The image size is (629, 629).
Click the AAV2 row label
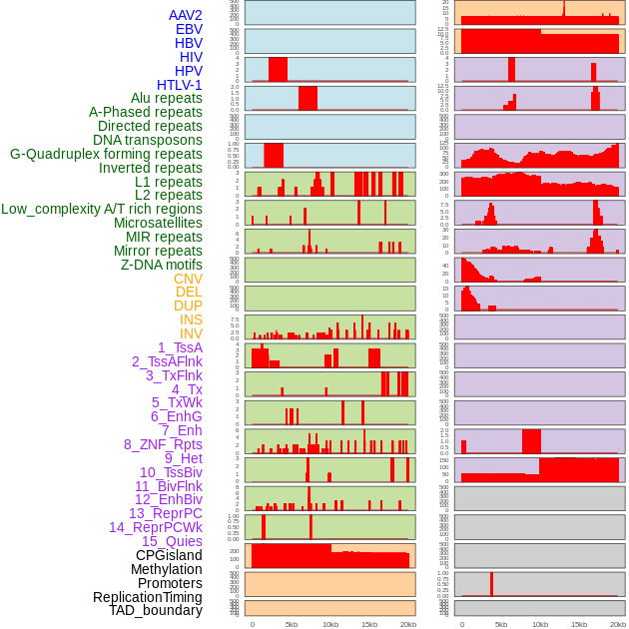[185, 15]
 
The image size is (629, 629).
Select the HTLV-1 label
[179, 85]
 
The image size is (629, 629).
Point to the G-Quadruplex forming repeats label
[106, 154]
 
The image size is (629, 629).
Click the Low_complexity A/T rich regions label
[102, 209]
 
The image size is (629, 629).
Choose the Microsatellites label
[158, 223]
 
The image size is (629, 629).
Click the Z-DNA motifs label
[161, 265]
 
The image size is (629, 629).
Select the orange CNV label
[188, 279]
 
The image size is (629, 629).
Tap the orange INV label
[190, 333]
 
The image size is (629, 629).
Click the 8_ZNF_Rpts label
[163, 444]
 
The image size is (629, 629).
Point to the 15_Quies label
[172, 541]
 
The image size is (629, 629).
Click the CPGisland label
[169, 555]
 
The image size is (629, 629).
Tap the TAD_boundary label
[156, 610]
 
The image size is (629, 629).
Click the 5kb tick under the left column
[292, 624]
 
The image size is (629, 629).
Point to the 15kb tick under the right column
[579, 624]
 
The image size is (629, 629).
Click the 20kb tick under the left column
[408, 624]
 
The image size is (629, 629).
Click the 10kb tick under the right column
[540, 624]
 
